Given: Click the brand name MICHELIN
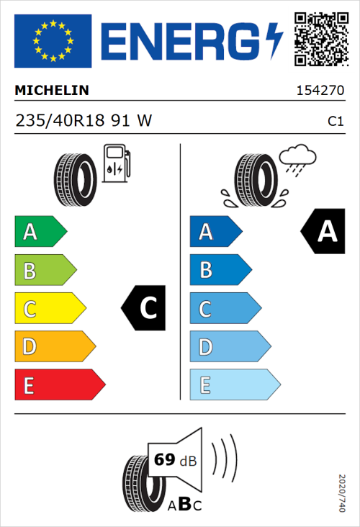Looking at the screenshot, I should (x=52, y=91).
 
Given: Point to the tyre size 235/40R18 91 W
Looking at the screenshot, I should (x=83, y=121).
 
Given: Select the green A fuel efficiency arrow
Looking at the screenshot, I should (x=40, y=232).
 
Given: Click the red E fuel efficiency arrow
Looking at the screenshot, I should (x=59, y=385).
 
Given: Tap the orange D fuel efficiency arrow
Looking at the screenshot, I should (x=54, y=347).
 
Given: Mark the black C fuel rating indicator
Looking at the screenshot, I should (x=144, y=308).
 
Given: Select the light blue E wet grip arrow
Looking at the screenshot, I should (x=234, y=385).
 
